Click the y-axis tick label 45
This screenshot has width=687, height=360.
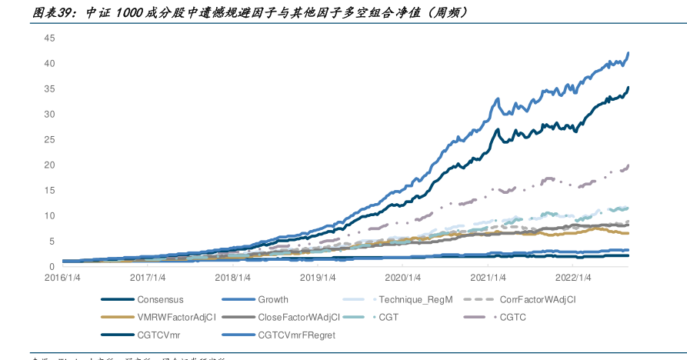(x=50, y=38)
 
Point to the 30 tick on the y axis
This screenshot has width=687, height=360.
(x=50, y=114)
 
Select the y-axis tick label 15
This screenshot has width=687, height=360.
(x=50, y=190)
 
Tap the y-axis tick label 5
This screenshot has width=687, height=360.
(x=52, y=241)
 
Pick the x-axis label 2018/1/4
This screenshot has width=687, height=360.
(x=232, y=278)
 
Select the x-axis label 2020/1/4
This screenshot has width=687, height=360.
(x=402, y=278)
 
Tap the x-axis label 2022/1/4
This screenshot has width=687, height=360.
(x=572, y=278)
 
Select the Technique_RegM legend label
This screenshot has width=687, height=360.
(x=415, y=300)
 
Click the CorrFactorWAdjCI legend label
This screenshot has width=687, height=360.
(x=538, y=300)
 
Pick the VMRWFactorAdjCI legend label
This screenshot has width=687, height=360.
(x=176, y=317)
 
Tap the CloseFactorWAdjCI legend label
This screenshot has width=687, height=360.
(x=301, y=317)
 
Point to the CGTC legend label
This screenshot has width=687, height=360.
(x=512, y=317)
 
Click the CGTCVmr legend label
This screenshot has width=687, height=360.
(x=158, y=335)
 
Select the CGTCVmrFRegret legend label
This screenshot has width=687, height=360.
(x=296, y=335)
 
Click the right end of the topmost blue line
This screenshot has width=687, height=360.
(x=629, y=53)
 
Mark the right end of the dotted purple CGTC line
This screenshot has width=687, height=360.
(x=629, y=165)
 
